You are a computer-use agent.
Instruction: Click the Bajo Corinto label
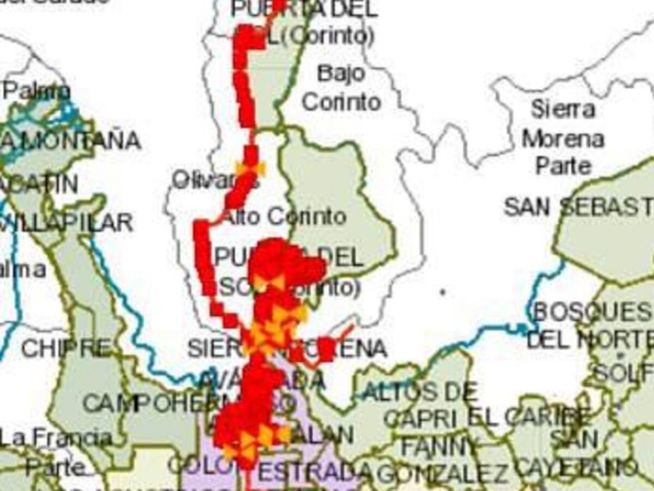[341, 87]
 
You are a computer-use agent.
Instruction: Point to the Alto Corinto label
[285, 217]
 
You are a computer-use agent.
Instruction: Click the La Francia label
[55, 438]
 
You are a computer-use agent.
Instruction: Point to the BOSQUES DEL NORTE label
[591, 326]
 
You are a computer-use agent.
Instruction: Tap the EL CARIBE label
[529, 418]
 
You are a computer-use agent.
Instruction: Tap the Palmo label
[36, 91]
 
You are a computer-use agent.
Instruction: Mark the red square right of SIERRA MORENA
[326, 349]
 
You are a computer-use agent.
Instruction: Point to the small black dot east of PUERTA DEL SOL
[443, 292]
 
